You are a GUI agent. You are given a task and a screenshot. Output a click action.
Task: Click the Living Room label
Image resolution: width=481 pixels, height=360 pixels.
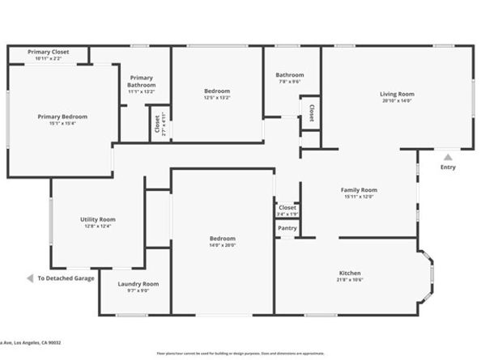tap(397, 94)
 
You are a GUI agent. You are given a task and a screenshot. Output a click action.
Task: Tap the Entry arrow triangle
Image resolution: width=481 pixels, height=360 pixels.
tap(448, 157)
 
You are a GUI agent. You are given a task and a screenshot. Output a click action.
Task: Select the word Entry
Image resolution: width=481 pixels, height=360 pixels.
tap(448, 167)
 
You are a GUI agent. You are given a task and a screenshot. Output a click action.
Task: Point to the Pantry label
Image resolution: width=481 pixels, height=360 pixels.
tap(287, 228)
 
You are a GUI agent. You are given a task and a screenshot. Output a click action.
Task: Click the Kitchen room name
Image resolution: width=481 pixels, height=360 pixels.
tap(350, 273)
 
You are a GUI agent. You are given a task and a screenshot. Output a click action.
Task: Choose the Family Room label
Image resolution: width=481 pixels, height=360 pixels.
tap(359, 190)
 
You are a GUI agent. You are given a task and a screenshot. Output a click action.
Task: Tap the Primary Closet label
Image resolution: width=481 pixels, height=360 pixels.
tap(48, 52)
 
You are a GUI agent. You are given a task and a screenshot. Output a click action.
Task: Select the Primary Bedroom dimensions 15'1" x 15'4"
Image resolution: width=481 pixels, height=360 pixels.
tap(62, 124)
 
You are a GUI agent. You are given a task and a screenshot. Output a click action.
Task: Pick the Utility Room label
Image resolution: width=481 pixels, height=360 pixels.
tap(97, 219)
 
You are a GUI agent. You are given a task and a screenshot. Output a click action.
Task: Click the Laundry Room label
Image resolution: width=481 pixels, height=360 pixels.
tap(138, 284)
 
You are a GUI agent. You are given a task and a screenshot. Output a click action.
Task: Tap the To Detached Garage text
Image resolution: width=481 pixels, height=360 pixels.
tap(66, 278)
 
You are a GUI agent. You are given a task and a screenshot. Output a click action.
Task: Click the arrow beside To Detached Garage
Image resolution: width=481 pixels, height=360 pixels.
tap(30, 278)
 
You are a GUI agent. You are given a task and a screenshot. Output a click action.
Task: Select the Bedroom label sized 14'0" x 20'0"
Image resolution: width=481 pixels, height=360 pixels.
tap(223, 239)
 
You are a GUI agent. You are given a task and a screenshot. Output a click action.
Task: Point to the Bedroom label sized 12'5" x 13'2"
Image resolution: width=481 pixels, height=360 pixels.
tap(216, 91)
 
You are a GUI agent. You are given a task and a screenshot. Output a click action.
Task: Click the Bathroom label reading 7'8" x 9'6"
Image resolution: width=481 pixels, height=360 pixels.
tap(290, 74)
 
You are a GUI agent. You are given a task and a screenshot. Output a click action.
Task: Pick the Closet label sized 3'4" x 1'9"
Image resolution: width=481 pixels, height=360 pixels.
tap(287, 208)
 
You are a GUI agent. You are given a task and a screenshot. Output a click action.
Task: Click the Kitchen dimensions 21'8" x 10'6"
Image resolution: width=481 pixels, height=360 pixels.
tap(350, 281)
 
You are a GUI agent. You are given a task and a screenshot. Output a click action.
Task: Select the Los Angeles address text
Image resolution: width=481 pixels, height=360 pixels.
tap(32, 342)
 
